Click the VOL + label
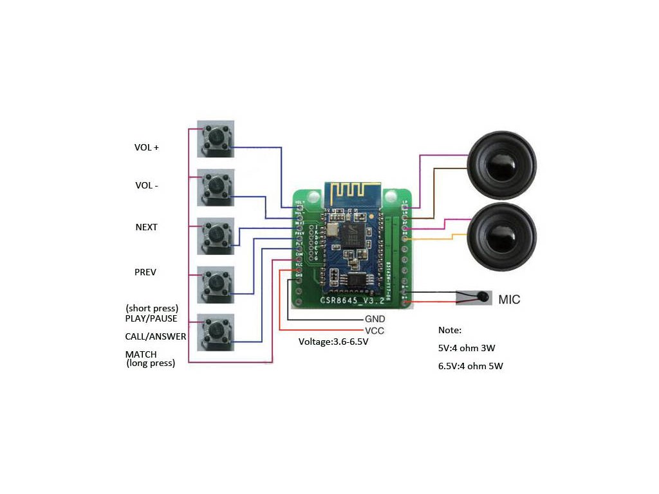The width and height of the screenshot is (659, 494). (147, 147)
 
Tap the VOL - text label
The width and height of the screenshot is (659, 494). (147, 185)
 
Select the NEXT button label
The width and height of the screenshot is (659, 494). (147, 227)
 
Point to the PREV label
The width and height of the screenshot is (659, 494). (145, 272)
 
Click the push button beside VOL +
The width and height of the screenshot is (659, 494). (216, 139)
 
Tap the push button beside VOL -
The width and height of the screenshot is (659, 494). (216, 187)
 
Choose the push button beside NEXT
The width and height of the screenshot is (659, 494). (216, 236)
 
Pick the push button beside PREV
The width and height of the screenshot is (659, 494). (216, 284)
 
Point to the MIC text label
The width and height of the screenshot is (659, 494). (509, 299)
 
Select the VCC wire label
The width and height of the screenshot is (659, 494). (375, 330)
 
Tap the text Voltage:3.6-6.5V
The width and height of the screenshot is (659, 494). (333, 342)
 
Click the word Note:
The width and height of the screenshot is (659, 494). (450, 330)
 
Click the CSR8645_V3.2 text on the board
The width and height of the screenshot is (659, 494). (353, 300)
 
